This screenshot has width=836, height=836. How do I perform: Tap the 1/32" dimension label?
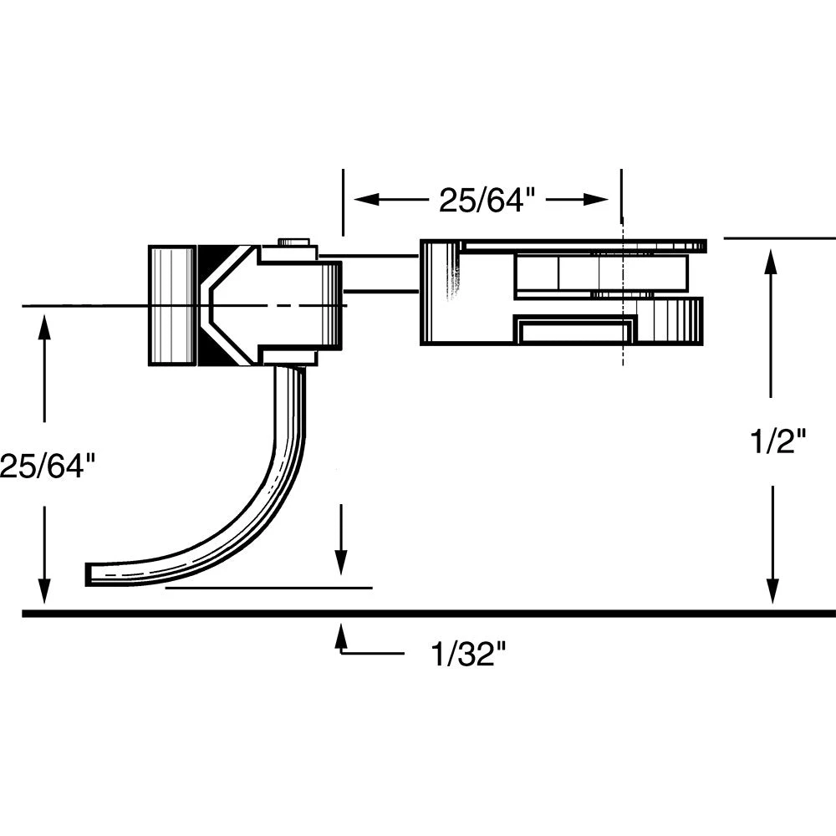coord(469,653)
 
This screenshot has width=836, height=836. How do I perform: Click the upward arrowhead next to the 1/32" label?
coord(340,635)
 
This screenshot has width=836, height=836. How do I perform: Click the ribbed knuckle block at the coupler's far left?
coord(171,305)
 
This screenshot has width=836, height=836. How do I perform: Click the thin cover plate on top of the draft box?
coord(585,246)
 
